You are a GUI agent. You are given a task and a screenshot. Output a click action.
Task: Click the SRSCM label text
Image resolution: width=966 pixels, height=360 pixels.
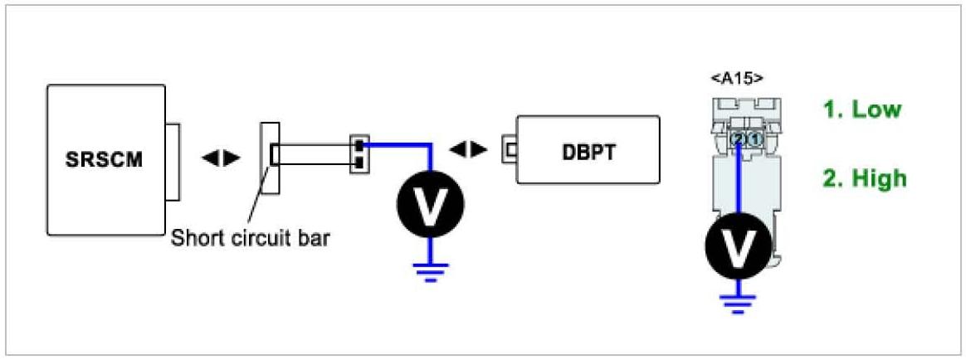[103, 159]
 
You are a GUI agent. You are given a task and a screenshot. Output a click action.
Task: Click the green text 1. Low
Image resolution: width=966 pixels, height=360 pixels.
[861, 109]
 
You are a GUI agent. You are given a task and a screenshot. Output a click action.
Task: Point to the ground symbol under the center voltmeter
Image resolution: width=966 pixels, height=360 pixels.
[429, 271]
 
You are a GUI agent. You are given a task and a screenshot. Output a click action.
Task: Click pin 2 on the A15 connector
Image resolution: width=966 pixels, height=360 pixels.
[738, 140]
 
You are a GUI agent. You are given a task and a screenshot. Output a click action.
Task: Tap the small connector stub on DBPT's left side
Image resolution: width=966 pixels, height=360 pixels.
[507, 151]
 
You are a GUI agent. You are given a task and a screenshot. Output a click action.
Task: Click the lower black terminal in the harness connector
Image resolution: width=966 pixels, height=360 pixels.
[359, 162]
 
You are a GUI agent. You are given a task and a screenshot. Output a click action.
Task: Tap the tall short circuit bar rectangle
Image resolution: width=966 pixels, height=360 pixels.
[271, 158]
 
